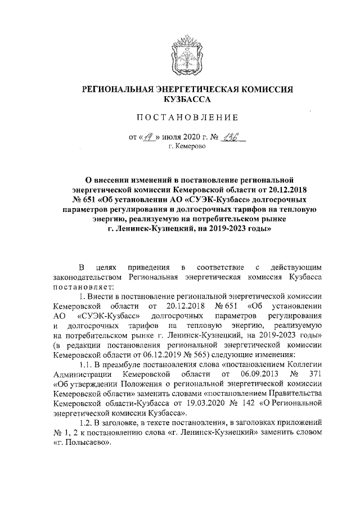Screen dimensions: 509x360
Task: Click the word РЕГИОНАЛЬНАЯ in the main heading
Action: click(120, 89)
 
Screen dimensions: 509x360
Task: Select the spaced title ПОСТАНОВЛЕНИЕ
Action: click(180, 118)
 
